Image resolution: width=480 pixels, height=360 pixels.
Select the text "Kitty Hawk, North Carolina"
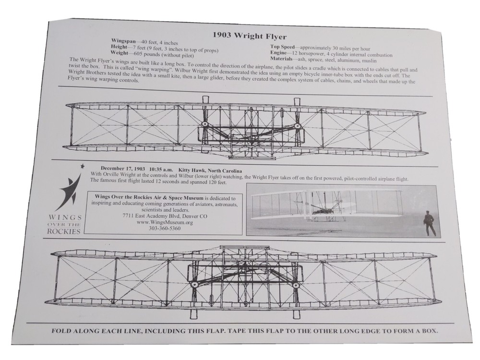click(x=215, y=171)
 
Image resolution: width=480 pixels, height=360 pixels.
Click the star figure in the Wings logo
click(x=71, y=190)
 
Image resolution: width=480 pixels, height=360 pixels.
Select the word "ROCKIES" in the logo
click(x=64, y=230)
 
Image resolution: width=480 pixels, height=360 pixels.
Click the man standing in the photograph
click(x=429, y=223)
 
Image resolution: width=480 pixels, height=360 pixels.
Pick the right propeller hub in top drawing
click(x=297, y=127)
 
